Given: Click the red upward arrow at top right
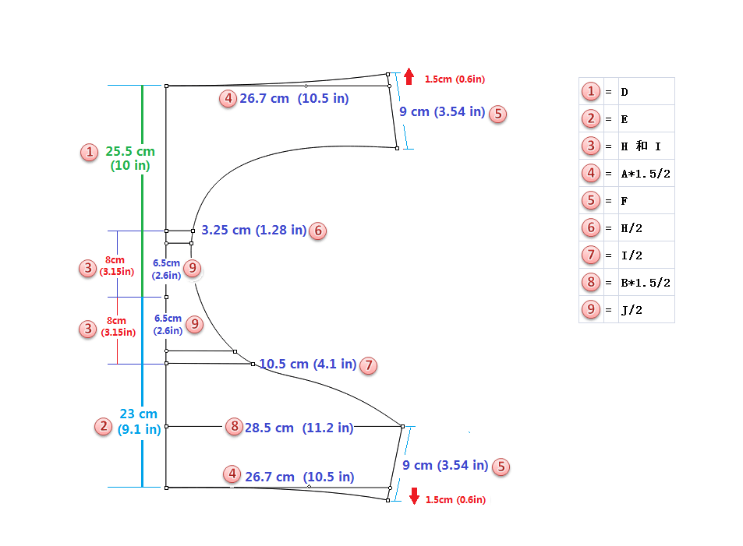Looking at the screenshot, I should click(409, 76).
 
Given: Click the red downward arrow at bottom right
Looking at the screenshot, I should click(414, 495).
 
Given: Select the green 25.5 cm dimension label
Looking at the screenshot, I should click(130, 158).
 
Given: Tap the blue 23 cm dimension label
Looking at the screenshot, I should click(139, 421).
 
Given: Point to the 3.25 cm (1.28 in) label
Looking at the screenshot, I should click(254, 231).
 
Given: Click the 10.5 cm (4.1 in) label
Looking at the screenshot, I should click(308, 365).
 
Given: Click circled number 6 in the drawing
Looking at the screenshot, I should click(317, 231).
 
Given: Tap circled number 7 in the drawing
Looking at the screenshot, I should click(368, 365).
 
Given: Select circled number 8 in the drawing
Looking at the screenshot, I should click(234, 427).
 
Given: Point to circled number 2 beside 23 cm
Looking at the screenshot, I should click(103, 426).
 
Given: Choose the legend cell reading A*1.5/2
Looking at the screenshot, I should click(646, 174).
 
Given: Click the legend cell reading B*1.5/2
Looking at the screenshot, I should click(646, 283).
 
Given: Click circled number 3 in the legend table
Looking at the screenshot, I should click(591, 146).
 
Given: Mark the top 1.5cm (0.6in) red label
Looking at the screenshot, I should click(455, 79).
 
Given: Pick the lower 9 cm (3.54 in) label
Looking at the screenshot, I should click(445, 466).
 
